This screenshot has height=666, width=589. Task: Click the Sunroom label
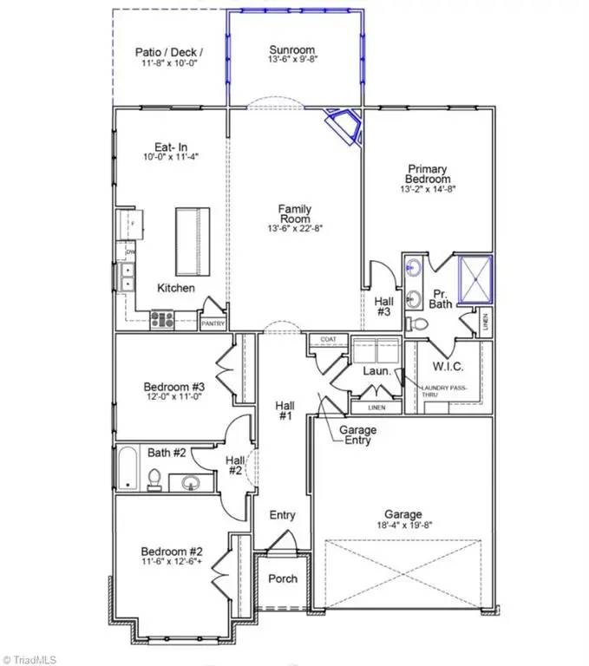291,50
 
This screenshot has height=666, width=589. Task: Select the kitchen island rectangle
192,239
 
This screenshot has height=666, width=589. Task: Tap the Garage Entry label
356,435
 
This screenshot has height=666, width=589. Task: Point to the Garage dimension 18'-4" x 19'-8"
404,524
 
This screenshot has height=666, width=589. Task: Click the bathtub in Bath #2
128,469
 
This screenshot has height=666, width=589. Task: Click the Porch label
283,578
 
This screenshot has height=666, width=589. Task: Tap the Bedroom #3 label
174,388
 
